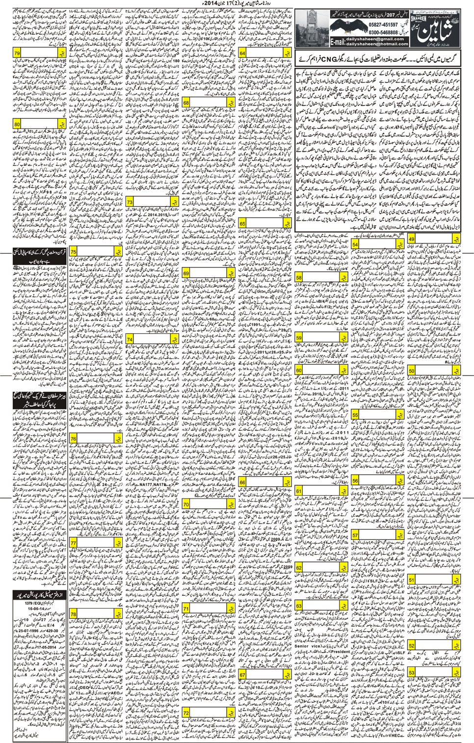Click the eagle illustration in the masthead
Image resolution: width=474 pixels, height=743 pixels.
point(348,28)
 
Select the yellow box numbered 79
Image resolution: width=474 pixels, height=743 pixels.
point(17,53)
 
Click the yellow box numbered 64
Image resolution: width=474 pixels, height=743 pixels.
point(242,53)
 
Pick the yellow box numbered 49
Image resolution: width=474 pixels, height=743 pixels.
point(411,239)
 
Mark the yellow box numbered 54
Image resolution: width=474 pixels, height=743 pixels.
point(355,244)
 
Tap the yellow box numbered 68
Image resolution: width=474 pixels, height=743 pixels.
point(186,103)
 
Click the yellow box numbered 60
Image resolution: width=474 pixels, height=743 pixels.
point(299,370)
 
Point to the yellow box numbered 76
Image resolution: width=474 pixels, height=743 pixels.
point(74,438)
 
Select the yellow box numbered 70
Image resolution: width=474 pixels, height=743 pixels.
point(186,504)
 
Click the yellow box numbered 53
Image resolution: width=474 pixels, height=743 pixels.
point(411,672)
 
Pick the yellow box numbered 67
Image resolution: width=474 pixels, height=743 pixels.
point(242,675)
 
